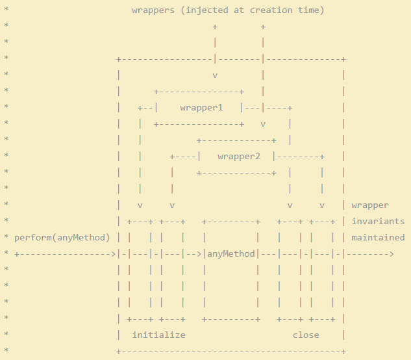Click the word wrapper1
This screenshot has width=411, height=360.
201,107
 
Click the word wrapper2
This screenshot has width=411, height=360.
239,157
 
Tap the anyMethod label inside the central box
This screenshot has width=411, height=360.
231,253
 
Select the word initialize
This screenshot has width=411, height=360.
158,335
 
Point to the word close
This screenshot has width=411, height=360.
306,335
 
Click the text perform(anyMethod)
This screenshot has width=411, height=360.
62,237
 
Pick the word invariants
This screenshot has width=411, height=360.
378,221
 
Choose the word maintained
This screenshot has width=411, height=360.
378,237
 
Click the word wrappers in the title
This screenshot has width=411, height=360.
153,10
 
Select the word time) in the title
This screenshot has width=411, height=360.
311,10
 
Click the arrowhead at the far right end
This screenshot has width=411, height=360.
391,253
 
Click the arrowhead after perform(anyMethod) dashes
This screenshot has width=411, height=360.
114,253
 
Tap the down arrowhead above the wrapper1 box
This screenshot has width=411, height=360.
215,75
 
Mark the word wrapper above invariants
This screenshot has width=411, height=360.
370,205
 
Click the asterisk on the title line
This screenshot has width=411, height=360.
6,10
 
